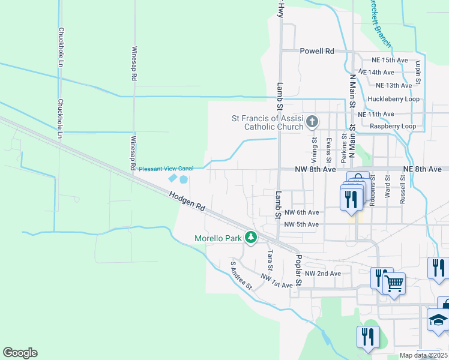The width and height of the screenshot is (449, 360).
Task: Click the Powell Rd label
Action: coord(317,52)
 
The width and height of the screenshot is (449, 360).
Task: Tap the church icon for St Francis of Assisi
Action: coord(312,122)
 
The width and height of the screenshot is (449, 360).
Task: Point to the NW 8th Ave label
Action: coord(315,170)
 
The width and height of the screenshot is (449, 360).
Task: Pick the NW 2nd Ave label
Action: coord(322,274)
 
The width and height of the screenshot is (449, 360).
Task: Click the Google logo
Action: coord(20,353)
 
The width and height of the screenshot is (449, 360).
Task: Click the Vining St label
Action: coord(314,151)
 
